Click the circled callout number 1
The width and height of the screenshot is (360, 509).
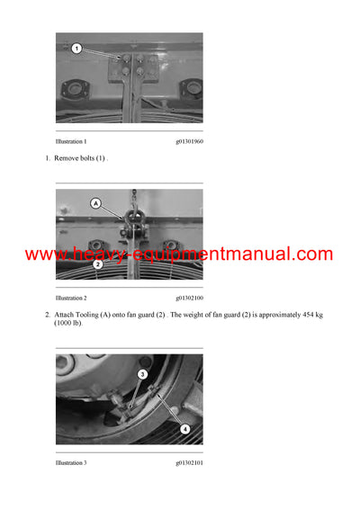click(77, 48)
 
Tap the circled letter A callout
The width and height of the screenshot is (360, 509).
click(96, 204)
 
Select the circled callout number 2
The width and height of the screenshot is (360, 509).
click(98, 264)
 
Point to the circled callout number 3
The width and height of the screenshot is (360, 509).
click(142, 373)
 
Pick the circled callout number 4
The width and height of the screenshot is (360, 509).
click(184, 429)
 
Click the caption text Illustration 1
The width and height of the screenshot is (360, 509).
click(71, 142)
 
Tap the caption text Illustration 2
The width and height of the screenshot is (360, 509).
click(71, 297)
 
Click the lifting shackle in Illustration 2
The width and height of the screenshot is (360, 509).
click(132, 216)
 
